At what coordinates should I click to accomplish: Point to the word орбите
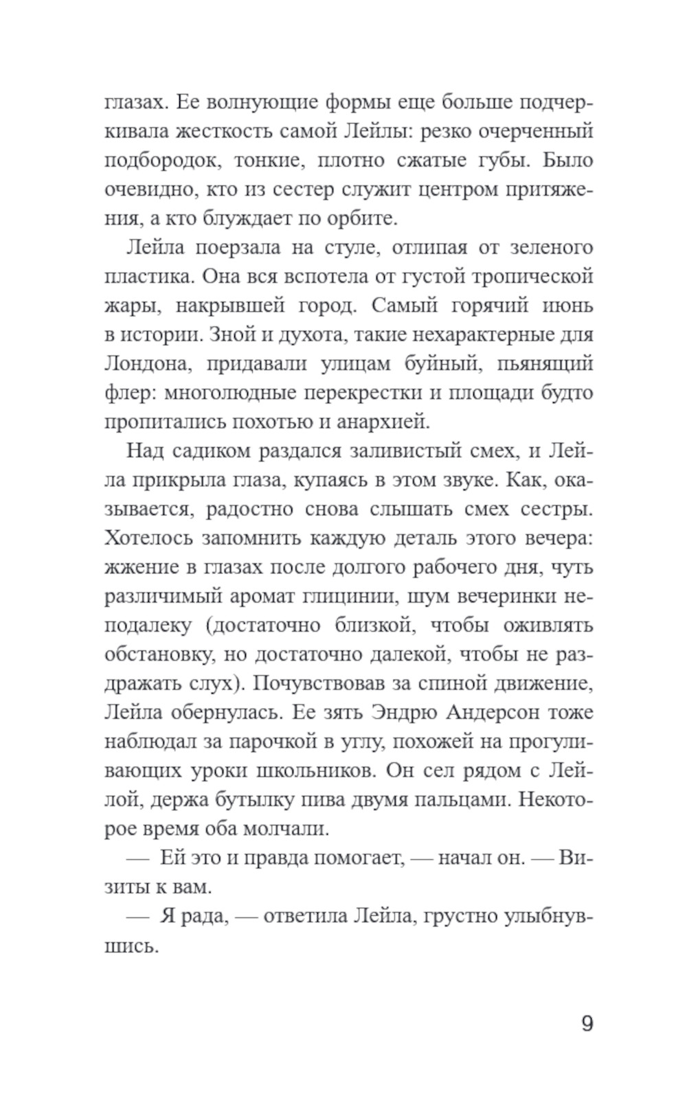tap(367, 219)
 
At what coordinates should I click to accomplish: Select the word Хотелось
tap(147, 538)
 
